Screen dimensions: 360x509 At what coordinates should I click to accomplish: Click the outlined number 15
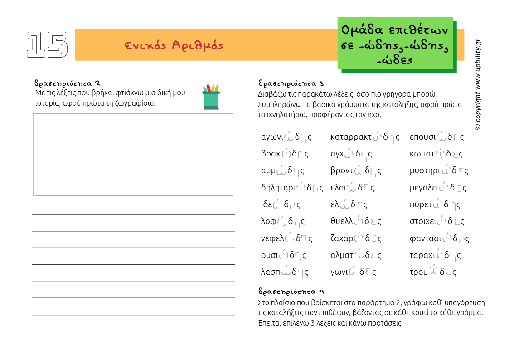click(x=47, y=45)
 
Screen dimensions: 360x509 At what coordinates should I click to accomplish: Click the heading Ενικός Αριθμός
click(x=174, y=45)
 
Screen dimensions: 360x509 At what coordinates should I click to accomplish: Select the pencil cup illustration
click(x=211, y=96)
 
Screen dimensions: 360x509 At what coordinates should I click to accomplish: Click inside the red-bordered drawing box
click(x=133, y=155)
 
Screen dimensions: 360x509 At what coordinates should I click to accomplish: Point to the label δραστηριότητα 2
click(x=67, y=83)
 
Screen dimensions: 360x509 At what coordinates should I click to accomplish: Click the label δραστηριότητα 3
click(x=291, y=83)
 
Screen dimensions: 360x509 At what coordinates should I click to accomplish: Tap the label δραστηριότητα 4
click(x=291, y=291)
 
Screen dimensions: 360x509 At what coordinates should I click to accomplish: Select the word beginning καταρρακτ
click(x=365, y=137)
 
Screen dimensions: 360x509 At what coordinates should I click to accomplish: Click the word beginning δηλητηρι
click(x=292, y=187)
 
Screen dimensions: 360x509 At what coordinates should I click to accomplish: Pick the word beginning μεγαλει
click(x=438, y=187)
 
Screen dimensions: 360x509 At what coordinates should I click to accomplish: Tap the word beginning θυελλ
click(x=356, y=221)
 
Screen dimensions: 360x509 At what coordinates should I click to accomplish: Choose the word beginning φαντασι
click(x=439, y=238)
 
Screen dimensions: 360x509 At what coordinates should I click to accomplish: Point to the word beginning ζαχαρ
click(x=356, y=238)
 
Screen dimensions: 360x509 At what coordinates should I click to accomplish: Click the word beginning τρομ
click(x=433, y=272)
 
